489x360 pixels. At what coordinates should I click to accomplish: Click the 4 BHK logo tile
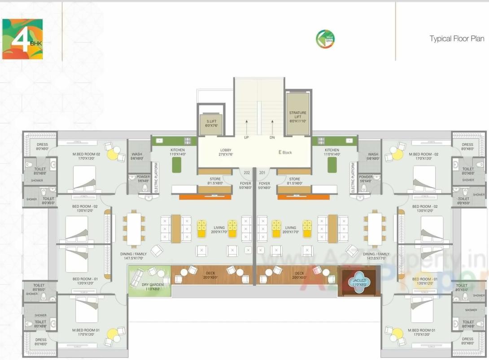[22, 39]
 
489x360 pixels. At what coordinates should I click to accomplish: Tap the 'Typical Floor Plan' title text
[457, 39]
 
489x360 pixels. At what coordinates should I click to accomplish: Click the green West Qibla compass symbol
[325, 39]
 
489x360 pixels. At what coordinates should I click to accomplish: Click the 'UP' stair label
[246, 137]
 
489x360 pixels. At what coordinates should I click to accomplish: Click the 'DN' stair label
[272, 137]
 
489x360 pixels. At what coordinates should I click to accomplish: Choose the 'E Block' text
[285, 153]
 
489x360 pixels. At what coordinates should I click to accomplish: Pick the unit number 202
[246, 173]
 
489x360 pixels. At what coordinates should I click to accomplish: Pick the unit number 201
[263, 173]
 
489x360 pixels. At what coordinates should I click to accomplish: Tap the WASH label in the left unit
[137, 156]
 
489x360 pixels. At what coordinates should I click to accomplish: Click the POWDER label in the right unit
[365, 179]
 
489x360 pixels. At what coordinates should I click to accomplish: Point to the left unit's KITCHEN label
[178, 152]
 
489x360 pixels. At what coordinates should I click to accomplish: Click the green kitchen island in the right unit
[332, 165]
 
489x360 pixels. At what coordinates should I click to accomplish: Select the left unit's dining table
[134, 229]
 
